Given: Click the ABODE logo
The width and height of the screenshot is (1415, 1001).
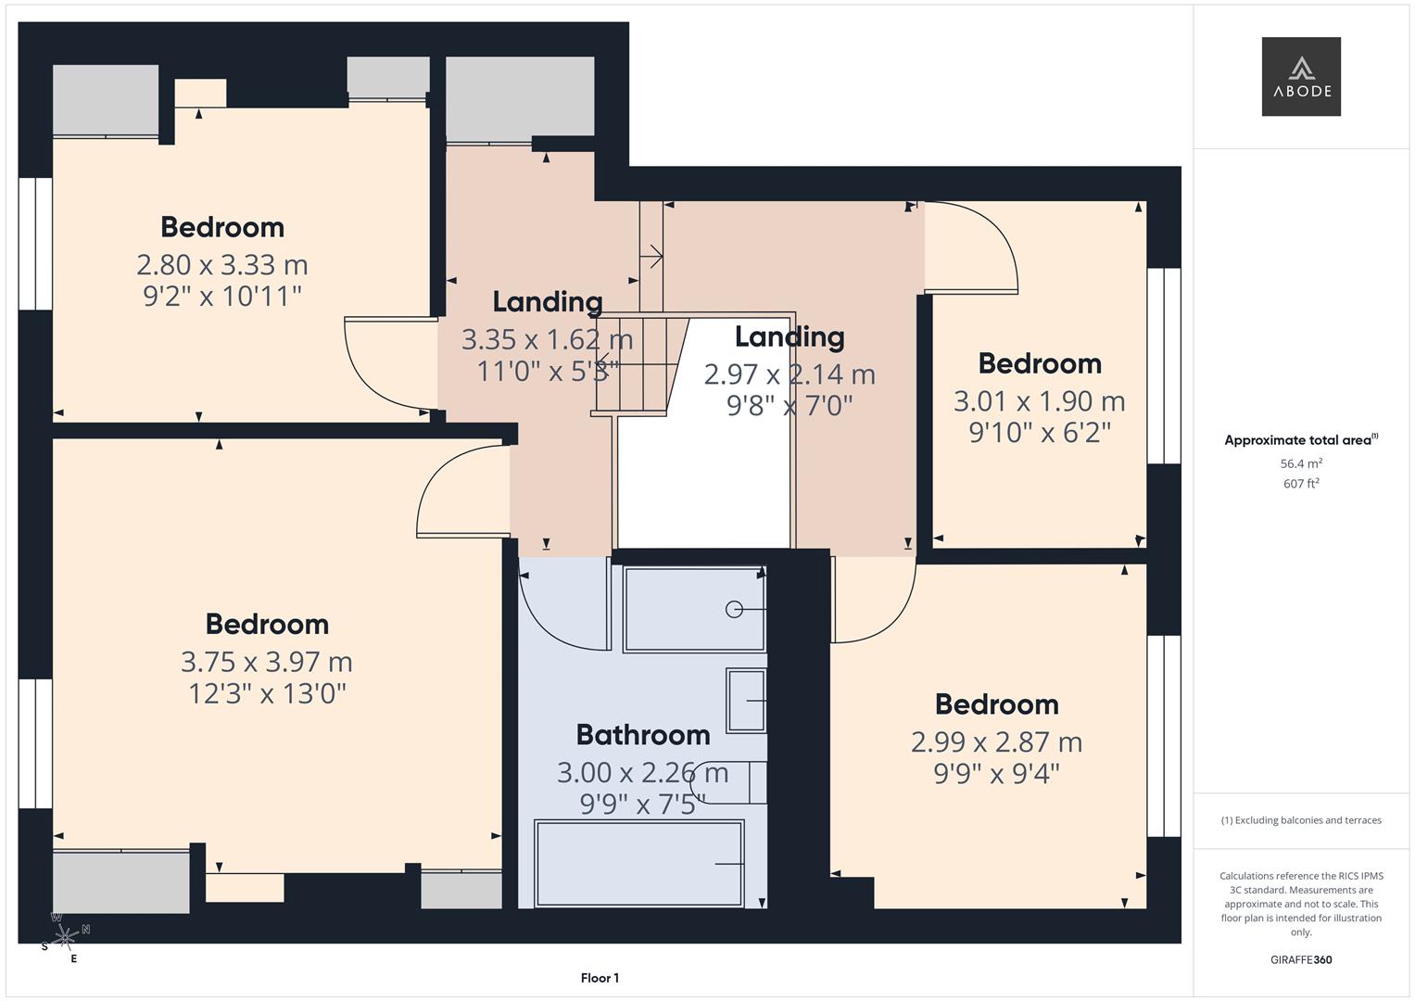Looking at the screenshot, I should tap(1301, 77).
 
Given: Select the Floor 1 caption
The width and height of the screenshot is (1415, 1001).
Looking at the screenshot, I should tap(600, 978).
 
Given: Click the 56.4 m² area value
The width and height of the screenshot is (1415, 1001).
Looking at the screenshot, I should tap(1301, 463).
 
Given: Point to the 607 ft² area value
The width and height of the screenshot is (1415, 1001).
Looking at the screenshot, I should tap(1301, 484).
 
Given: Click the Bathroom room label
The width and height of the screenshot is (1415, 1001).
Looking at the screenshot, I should tap(643, 735).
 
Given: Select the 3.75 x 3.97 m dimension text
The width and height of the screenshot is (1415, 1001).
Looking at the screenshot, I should tap(267, 662).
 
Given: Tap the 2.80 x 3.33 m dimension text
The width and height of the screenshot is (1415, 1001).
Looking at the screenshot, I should tap(222, 265).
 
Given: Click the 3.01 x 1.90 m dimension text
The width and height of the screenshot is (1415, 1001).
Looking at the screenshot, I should tap(1039, 401).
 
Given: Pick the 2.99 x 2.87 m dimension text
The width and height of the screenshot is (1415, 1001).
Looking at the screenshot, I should tap(996, 742).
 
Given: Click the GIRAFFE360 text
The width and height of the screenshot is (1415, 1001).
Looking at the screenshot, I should tap(1301, 959).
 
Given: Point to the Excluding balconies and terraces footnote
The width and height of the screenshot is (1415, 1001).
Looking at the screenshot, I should tap(1301, 820).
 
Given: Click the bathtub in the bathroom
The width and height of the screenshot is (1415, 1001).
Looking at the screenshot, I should tap(639, 864).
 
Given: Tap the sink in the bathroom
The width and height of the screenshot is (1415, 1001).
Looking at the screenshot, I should tap(747, 701).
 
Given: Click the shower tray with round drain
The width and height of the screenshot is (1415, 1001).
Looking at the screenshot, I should tap(694, 609).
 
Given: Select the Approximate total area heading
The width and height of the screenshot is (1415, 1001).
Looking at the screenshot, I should tap(1299, 440).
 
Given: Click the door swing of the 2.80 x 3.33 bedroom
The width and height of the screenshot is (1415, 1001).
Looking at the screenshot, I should tap(385, 366).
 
